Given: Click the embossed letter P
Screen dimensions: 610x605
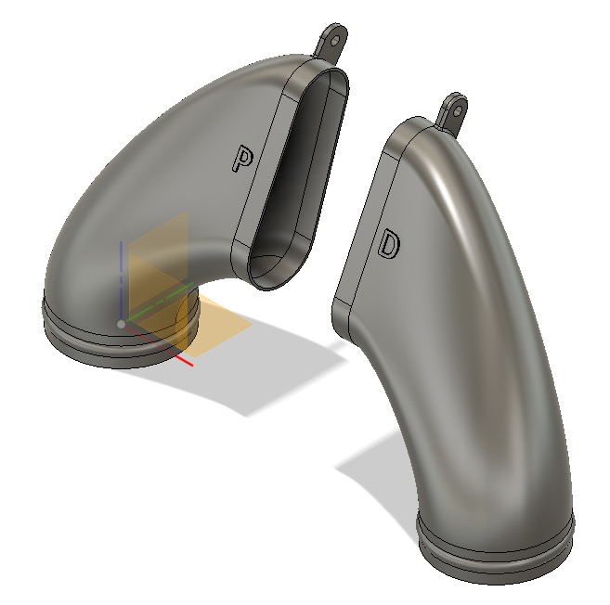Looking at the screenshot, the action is [x=242, y=159].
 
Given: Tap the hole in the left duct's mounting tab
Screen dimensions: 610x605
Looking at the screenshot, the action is [x=334, y=41].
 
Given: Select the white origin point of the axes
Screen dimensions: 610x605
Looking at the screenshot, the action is [x=121, y=324].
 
